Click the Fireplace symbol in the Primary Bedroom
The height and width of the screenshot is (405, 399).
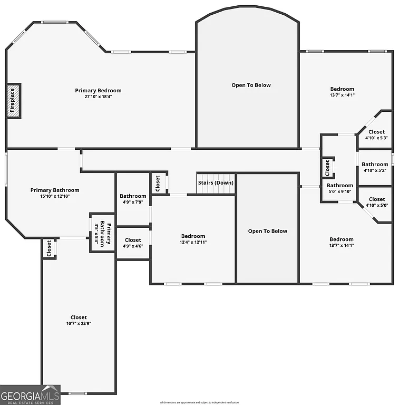tap(14, 100)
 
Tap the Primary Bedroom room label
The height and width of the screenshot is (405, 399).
tap(98, 91)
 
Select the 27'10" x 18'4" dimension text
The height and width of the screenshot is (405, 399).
tap(98, 97)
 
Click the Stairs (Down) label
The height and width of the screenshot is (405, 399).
tap(216, 183)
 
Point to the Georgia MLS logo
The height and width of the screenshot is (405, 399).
tap(30, 394)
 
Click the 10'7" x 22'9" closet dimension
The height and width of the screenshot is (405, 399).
tap(79, 324)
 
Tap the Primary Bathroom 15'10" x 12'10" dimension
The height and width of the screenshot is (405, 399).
tap(55, 196)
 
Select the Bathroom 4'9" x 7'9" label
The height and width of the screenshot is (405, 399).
tap(133, 196)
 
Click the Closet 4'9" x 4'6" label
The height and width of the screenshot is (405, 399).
tap(133, 240)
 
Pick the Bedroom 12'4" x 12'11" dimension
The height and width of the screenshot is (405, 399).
tap(193, 243)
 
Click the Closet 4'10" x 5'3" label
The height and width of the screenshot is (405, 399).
tap(376, 132)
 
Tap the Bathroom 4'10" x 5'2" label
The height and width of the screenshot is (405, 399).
tap(375, 165)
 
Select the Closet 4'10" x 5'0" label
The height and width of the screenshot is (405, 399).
tap(376, 199)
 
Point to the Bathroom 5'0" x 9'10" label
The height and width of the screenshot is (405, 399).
tap(340, 186)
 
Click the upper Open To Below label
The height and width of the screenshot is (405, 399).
tap(251, 85)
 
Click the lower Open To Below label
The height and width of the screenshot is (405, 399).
tap(267, 231)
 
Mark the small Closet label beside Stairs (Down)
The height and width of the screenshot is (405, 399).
tap(158, 183)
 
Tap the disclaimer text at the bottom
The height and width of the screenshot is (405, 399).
tap(199, 402)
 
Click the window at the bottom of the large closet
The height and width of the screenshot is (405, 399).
tap(78, 393)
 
